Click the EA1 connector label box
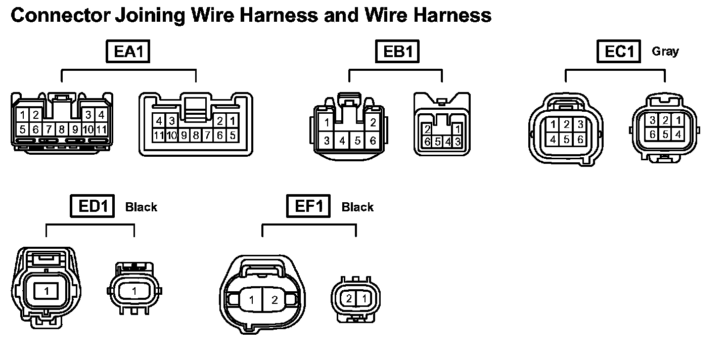point(128,52)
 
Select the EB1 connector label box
point(398,52)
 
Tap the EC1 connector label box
point(619,52)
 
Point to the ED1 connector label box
point(93,207)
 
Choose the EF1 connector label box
point(308,207)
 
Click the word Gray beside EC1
point(665,51)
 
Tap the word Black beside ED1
point(141,207)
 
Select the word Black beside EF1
point(357,207)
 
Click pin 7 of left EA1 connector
point(49,129)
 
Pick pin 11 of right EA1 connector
point(159,135)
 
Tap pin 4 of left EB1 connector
point(342,141)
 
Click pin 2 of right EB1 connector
point(427,128)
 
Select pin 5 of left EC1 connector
point(567,139)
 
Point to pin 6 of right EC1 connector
point(653,134)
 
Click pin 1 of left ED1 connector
point(47,291)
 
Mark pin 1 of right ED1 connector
point(134,291)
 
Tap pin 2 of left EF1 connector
point(275,300)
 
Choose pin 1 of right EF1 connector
point(363,298)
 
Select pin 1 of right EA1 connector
point(232,121)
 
